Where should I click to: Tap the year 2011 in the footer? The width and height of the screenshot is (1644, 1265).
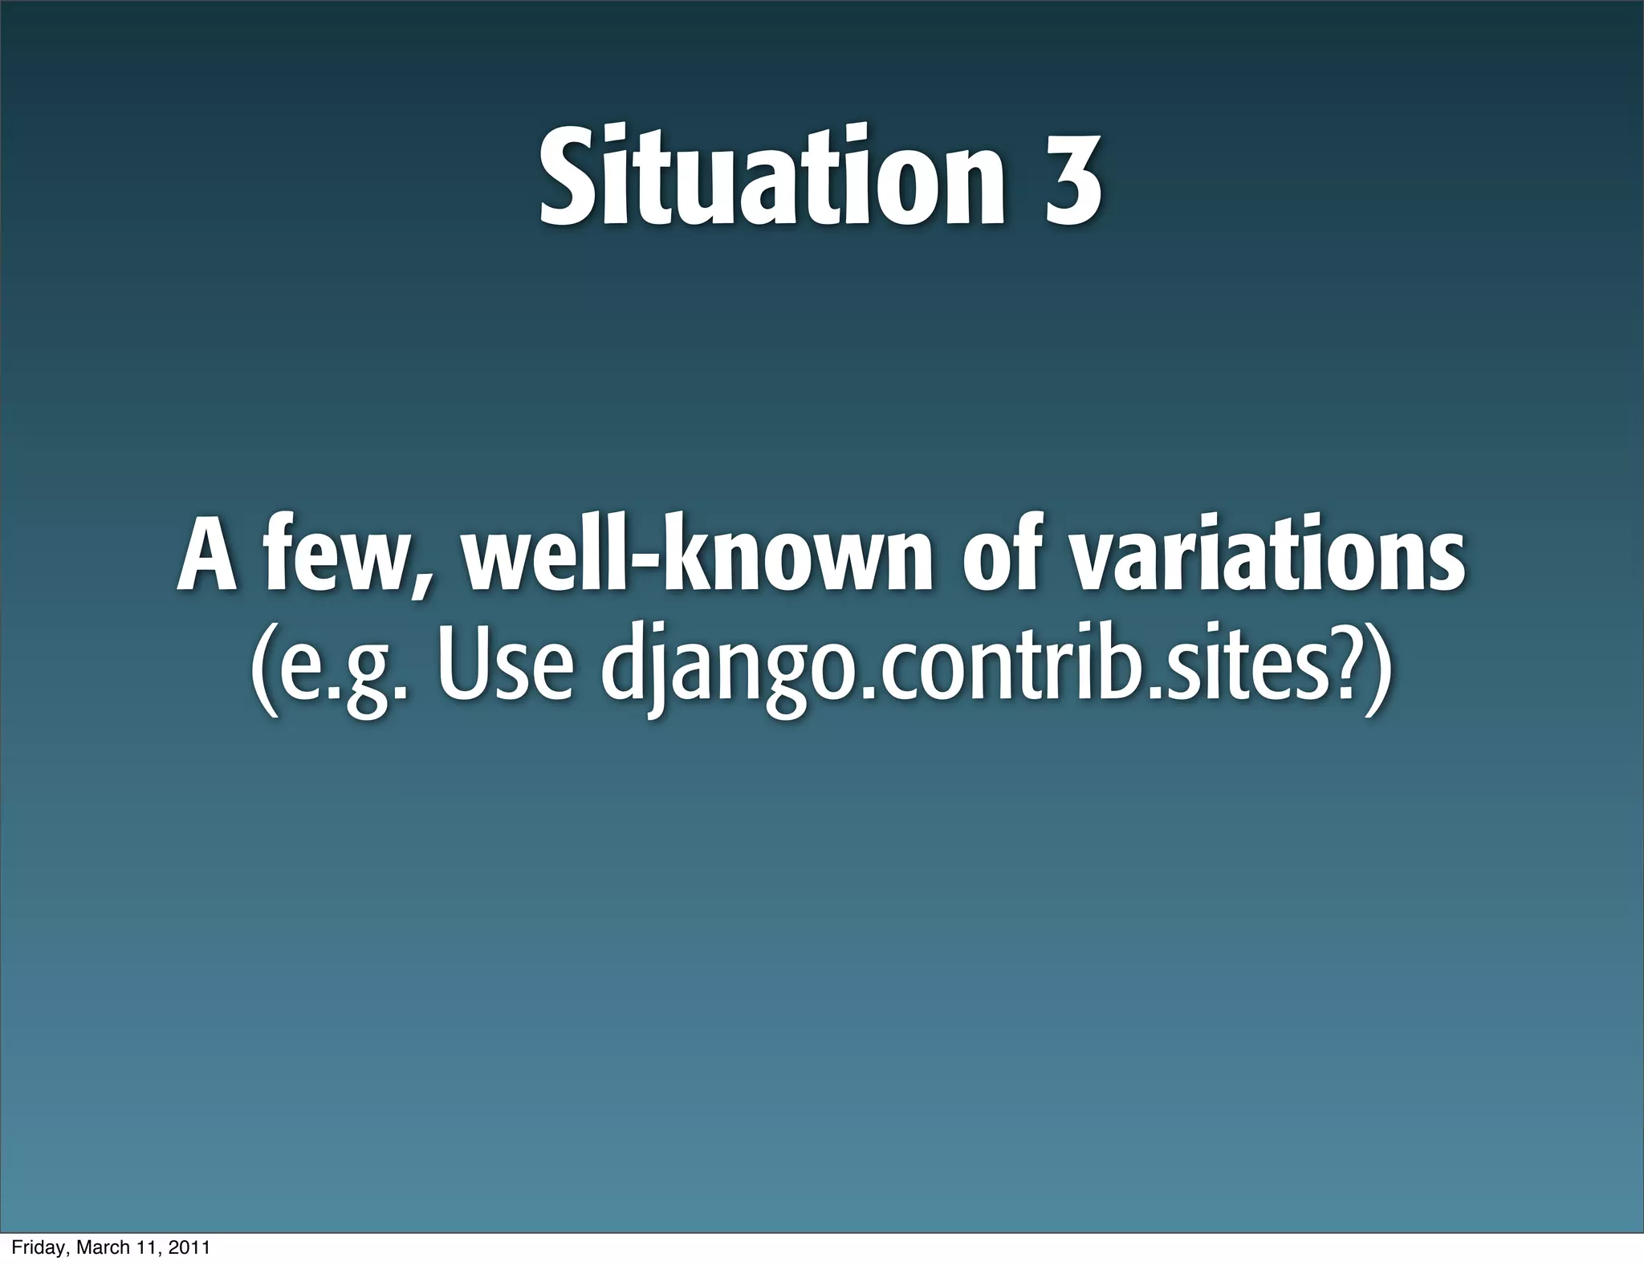coord(193,1248)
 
